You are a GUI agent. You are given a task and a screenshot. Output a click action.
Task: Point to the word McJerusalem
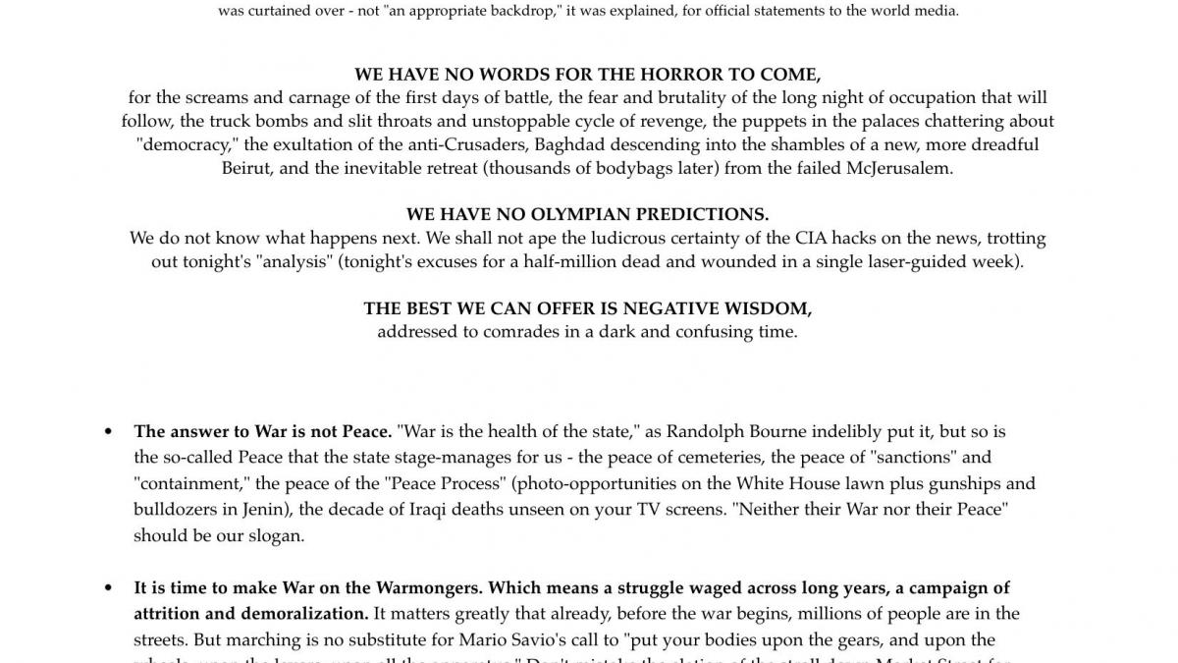click(899, 168)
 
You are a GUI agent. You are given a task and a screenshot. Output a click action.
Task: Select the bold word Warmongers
click(428, 588)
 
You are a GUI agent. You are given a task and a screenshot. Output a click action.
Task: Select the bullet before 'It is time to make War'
click(108, 589)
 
